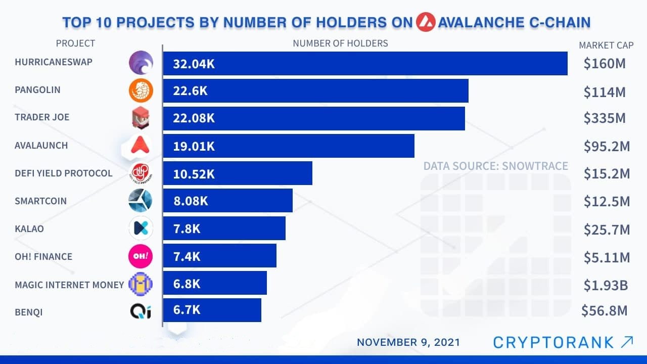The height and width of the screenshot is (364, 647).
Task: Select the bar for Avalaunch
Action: pos(288,146)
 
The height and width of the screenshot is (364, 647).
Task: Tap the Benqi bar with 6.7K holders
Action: pos(212,310)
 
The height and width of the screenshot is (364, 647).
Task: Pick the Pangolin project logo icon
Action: pos(141,91)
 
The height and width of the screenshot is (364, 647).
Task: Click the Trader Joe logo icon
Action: pos(141,118)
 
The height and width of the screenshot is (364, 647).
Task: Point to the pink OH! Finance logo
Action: pos(141,256)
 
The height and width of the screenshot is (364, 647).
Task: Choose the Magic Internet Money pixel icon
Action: pos(141,284)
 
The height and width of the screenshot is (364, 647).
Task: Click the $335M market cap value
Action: pos(605,118)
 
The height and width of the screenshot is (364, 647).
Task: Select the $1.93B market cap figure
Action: pos(606,285)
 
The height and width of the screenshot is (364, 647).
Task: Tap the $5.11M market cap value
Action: pos(607,258)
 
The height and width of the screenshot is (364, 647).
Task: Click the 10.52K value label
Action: pos(194,174)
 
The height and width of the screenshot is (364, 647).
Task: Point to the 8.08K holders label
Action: pos(191,201)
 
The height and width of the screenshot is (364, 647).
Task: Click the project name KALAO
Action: pos(29,229)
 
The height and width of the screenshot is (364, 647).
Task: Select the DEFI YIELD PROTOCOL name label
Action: pos(64,173)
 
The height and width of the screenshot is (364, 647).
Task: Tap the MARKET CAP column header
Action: pos(606,45)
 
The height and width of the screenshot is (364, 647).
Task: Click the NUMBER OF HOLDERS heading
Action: pos(340,43)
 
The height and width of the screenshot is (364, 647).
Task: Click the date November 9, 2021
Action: pos(408,342)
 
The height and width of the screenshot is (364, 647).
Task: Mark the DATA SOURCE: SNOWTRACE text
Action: pos(495,166)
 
